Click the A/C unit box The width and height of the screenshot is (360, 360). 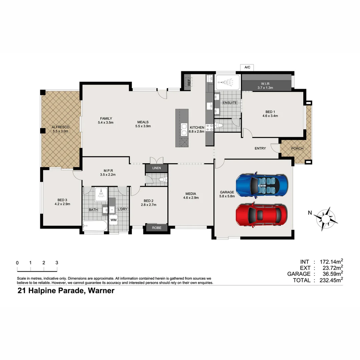point(247,67)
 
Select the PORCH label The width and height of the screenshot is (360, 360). point(297,148)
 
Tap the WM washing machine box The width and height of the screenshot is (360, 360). point(113,220)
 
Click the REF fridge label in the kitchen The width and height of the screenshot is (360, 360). point(189,82)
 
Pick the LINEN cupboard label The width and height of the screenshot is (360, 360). point(156,168)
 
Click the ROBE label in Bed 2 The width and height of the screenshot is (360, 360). point(156,228)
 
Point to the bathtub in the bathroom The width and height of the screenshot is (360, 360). point(95,227)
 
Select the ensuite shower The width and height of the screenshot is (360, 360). point(227,81)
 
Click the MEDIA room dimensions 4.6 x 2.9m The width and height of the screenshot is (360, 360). point(191,198)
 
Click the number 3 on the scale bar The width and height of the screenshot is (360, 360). point(57,263)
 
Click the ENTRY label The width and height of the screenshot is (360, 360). point(260,148)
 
